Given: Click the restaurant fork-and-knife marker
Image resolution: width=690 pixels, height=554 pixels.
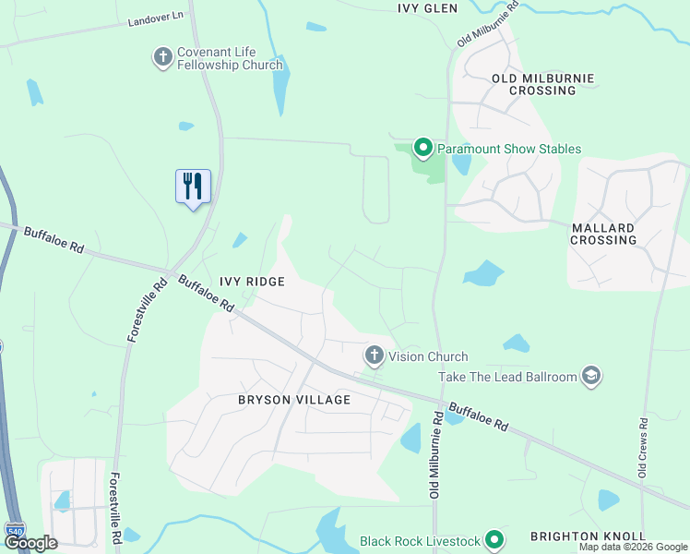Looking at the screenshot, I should pyautogui.click(x=193, y=187).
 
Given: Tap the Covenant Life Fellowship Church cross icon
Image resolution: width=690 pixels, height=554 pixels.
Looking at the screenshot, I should pyautogui.click(x=163, y=58).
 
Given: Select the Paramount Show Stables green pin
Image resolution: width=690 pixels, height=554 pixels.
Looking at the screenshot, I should pyautogui.click(x=422, y=148).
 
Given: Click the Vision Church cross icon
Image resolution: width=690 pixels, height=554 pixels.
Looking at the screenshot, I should pyautogui.click(x=374, y=355).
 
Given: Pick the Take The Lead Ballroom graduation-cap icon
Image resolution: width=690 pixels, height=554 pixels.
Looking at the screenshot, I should pyautogui.click(x=590, y=376).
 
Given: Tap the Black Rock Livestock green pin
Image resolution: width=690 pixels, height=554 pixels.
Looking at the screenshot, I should pyautogui.click(x=494, y=540).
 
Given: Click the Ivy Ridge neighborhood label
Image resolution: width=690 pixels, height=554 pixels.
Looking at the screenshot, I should pyautogui.click(x=252, y=281).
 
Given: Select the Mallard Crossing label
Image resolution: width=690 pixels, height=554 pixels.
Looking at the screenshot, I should pyautogui.click(x=604, y=234).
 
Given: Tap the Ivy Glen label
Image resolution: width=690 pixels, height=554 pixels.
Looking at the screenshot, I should pyautogui.click(x=428, y=7).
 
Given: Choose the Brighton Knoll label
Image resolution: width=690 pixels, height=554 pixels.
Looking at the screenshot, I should pyautogui.click(x=588, y=536).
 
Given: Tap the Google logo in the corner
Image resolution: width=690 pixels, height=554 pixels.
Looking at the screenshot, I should pyautogui.click(x=30, y=543).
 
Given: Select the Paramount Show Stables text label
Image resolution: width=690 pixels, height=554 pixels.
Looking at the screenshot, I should pyautogui.click(x=509, y=149).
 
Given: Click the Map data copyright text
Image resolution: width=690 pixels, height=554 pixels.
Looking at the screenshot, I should pyautogui.click(x=633, y=548).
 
